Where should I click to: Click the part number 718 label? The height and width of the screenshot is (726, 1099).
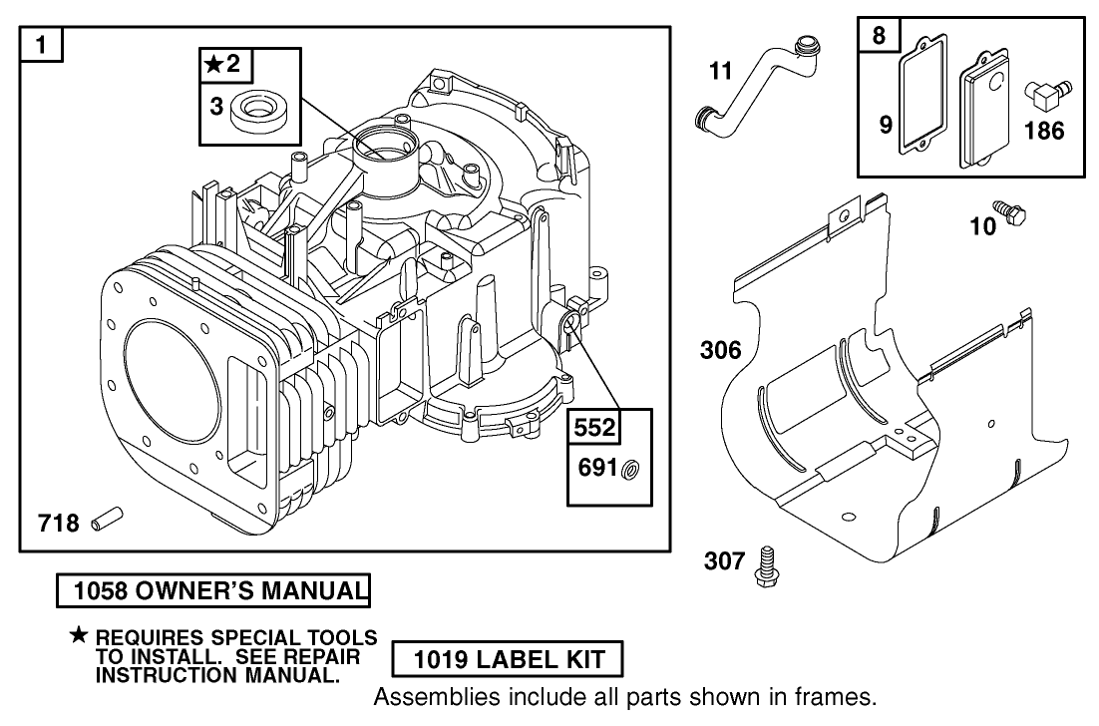pos(58,522)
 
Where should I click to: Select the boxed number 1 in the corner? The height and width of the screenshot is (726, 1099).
pos(40,44)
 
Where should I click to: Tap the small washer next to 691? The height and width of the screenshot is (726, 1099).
pos(630,469)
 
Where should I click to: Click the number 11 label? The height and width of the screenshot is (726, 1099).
pos(720,71)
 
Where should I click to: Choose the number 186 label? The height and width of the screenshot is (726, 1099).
pos(1043,130)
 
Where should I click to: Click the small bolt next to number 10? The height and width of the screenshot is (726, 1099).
pos(1015,212)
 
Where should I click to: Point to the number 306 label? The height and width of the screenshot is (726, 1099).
pos(720,350)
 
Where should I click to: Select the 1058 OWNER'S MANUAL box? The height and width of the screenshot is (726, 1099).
pos(212,591)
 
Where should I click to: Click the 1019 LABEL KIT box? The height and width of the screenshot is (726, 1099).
pos(508,659)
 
